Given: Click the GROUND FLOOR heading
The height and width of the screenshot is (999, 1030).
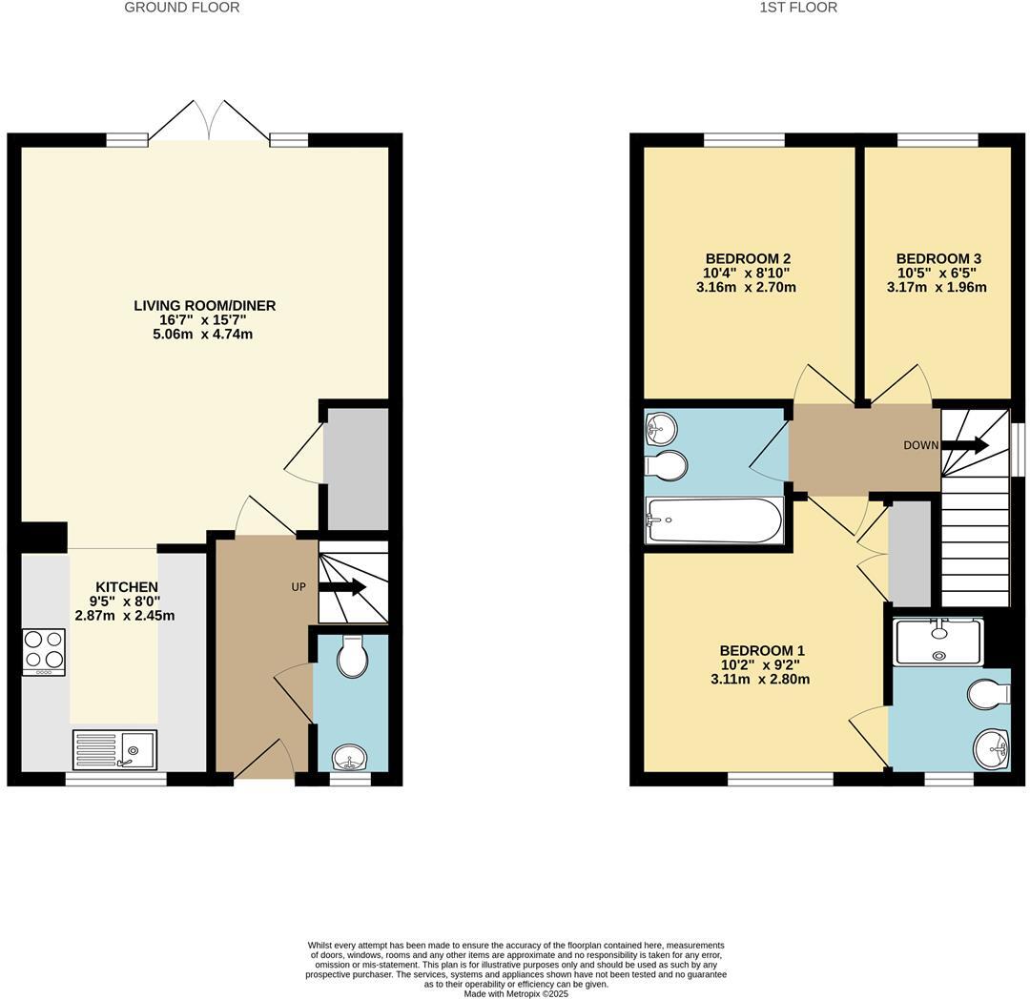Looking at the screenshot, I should tap(182, 8).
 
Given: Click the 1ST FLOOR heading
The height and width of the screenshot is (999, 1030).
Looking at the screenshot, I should tap(798, 8).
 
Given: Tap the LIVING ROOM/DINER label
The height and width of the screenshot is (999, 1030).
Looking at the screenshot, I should tap(204, 306).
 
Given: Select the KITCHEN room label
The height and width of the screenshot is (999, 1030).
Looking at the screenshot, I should tap(127, 587).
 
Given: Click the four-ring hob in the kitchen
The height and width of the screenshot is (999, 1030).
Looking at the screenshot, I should tap(44, 651).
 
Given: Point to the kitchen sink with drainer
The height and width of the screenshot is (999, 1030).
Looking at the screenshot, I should tap(114, 749).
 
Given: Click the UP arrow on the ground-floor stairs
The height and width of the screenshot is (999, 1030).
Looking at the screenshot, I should tap(347, 587).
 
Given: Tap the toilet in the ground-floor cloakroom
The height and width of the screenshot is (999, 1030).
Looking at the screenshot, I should tap(352, 656).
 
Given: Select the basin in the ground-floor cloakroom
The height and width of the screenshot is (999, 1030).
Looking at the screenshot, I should tap(350, 759).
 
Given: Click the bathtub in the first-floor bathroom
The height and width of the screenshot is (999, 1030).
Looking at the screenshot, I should tap(713, 520).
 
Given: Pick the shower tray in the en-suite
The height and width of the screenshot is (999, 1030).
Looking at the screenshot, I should tap(938, 641).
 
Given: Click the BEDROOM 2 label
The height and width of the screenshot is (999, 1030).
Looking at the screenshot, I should tap(748, 258).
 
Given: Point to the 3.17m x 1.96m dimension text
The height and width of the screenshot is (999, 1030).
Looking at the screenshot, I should tap(936, 287).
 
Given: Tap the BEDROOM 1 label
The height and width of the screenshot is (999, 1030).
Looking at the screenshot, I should tap(762, 651).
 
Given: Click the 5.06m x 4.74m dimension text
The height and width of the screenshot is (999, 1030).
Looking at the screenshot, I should tap(204, 335).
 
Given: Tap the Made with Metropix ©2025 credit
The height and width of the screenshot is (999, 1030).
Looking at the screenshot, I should tap(516, 993).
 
